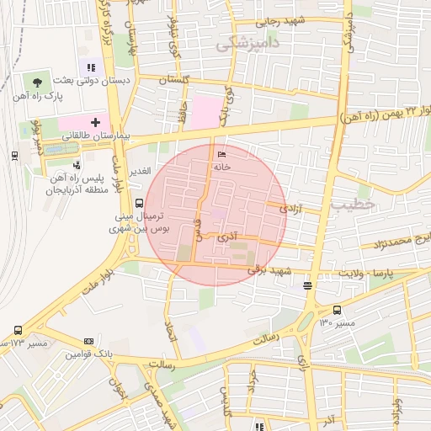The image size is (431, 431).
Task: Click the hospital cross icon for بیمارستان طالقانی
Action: pyautogui.click(x=96, y=122)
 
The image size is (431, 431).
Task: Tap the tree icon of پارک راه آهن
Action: pyautogui.click(x=37, y=82)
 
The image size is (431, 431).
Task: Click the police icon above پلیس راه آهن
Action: pyautogui.click(x=77, y=166)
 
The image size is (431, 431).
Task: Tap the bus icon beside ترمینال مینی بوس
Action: pyautogui.click(x=139, y=202)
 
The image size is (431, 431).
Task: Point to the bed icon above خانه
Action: pyautogui.click(x=222, y=155)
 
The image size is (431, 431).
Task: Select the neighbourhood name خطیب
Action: pyautogui.click(x=350, y=205)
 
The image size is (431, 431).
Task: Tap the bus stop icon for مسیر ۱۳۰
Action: pyautogui.click(x=338, y=310)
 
